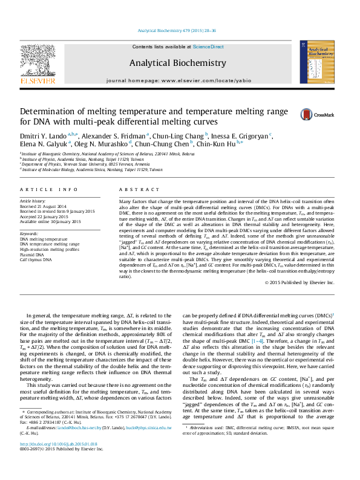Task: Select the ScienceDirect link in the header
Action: pyautogui.click(x=208, y=47)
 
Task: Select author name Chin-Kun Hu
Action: pyautogui.click(x=222, y=144)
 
